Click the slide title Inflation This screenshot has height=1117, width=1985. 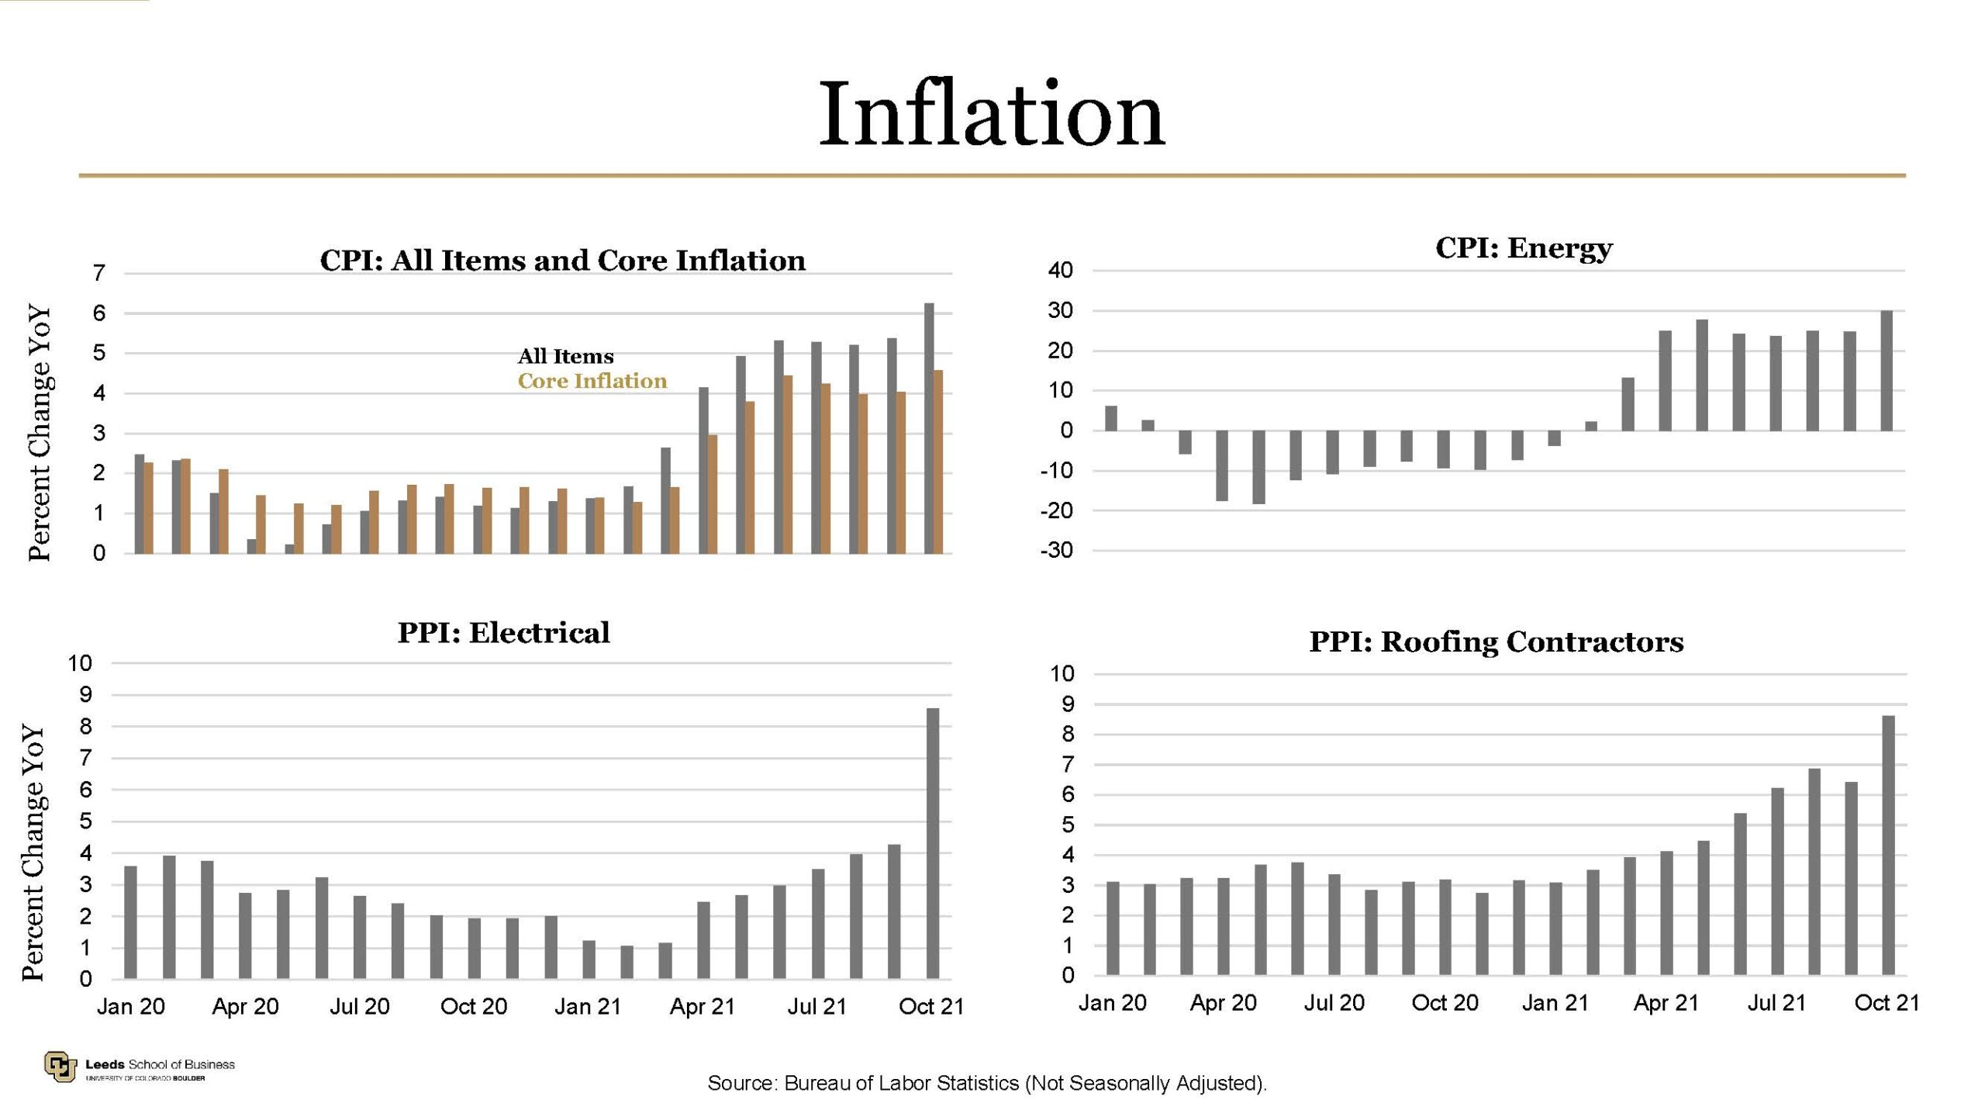coord(992,115)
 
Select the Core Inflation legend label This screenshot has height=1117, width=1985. coord(592,381)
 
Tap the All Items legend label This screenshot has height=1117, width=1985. coord(565,356)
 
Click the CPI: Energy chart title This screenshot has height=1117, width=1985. coord(1523,248)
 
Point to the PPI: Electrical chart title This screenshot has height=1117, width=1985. coord(503,633)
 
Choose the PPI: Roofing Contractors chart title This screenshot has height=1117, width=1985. coord(1496,642)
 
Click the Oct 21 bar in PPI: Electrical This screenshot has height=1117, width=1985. coord(933,843)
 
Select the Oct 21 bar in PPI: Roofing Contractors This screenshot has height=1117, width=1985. coord(1888,845)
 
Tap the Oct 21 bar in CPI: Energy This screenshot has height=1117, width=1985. coord(1887,371)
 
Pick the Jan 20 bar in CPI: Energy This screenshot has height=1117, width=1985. coord(1110,418)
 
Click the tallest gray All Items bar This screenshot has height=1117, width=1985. coord(928,428)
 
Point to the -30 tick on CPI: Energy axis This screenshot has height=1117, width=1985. coord(1057,551)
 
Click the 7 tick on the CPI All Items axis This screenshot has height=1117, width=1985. coord(98,273)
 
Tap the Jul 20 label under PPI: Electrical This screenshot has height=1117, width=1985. coord(359,1007)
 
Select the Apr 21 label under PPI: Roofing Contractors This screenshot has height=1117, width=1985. coord(1666,1004)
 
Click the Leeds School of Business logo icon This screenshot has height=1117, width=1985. coord(60,1067)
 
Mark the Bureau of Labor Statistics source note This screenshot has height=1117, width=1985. coord(986,1083)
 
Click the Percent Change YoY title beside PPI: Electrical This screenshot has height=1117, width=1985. coord(33,852)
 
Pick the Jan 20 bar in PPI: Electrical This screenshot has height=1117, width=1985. coord(130,922)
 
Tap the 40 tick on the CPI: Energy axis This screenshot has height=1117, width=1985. coord(1060,271)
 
